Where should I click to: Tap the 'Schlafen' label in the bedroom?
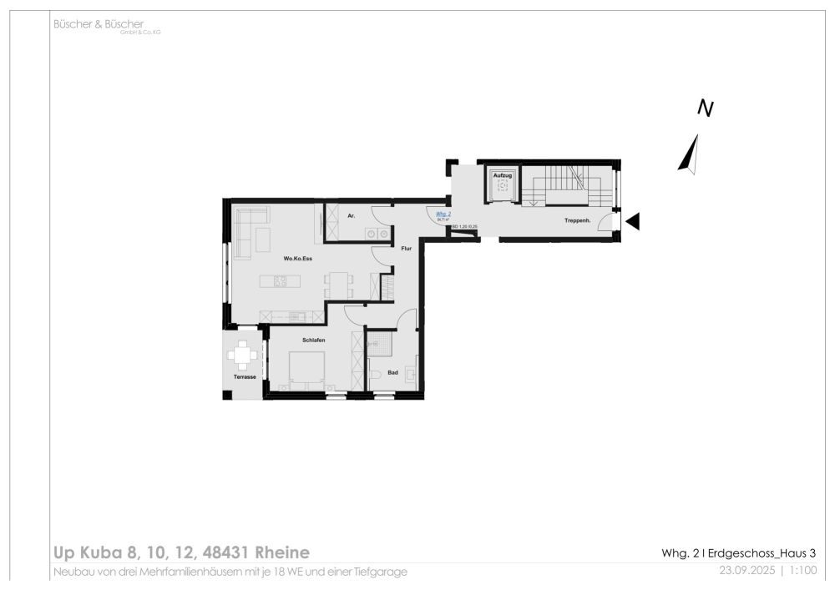[x=314, y=341]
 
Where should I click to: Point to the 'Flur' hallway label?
[x=406, y=249]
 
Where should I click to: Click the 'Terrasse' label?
[x=244, y=377]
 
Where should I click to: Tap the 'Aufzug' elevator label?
[x=502, y=175]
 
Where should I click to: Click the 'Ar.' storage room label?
[x=352, y=216]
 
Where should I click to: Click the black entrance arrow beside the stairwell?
[x=633, y=221]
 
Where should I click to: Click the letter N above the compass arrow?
[x=706, y=108]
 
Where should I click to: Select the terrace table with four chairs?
[x=243, y=356]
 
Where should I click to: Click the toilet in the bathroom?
[x=375, y=375]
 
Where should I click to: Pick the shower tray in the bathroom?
[x=381, y=344]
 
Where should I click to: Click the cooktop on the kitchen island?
[x=279, y=282]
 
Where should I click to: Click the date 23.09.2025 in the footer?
[x=747, y=572]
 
